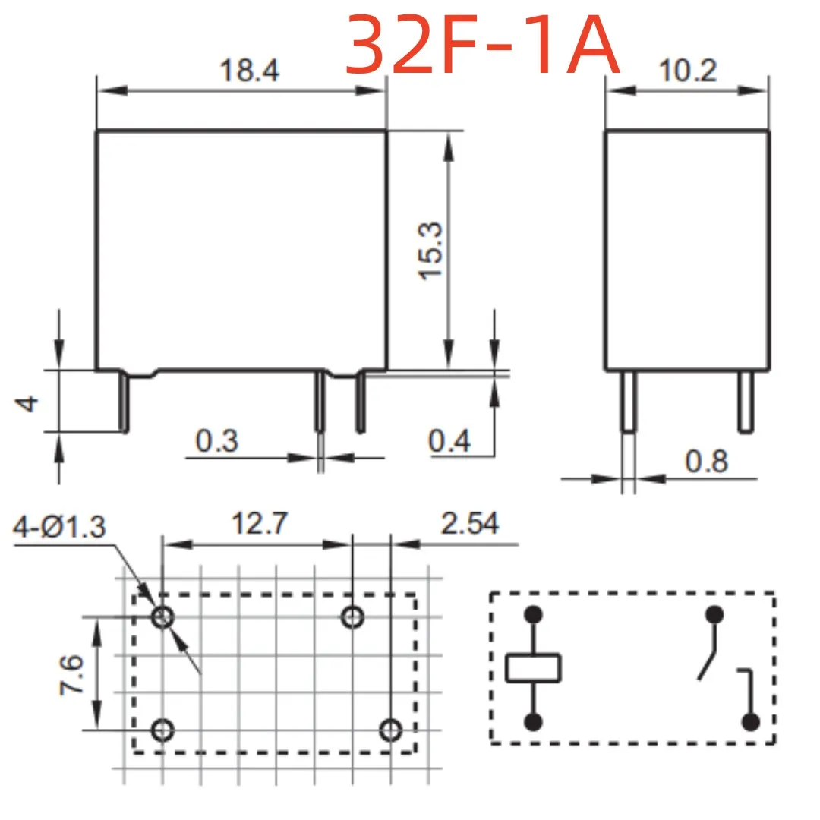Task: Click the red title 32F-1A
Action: click(483, 47)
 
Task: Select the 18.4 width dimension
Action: click(250, 71)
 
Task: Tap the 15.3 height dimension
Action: click(431, 251)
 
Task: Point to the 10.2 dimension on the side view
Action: click(687, 71)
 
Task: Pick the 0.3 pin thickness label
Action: click(217, 440)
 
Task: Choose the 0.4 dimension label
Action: click(449, 440)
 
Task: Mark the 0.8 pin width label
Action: click(706, 461)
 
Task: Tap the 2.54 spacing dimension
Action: click(469, 524)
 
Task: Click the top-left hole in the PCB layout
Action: click(162, 617)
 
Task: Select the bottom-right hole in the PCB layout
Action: click(389, 730)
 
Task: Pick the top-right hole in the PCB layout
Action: click(352, 617)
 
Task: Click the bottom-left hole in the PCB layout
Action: click(162, 730)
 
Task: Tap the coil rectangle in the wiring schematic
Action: click(534, 667)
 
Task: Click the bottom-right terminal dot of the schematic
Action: click(751, 722)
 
